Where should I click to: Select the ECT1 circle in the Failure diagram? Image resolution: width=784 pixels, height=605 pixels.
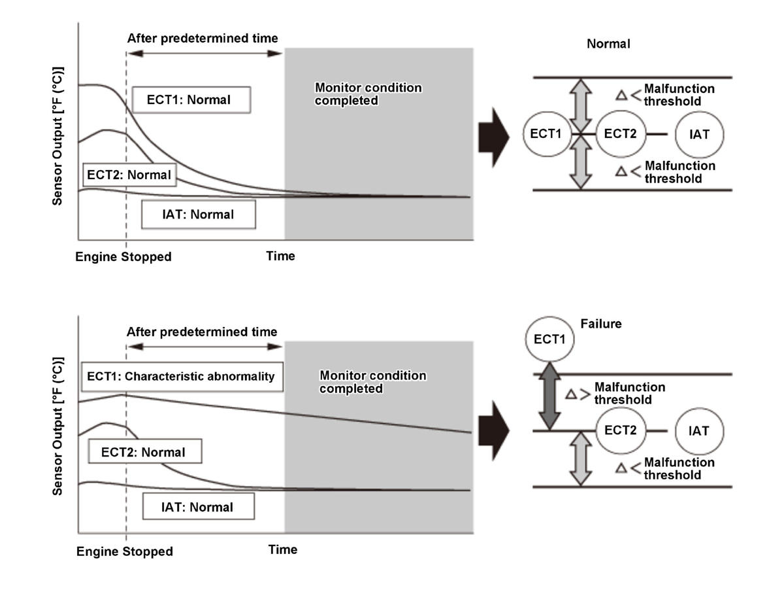549,340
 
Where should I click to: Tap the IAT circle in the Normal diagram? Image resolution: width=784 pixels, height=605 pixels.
699,134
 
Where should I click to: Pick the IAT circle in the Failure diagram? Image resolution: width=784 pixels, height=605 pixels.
699,431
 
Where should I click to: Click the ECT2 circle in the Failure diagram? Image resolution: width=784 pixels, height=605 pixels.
621,431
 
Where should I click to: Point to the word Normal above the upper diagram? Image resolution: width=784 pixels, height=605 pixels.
608,44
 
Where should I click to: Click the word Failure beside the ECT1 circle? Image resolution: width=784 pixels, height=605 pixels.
601,324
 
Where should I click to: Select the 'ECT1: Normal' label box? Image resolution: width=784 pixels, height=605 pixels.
191,100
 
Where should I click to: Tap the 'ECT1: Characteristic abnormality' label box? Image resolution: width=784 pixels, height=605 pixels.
181,377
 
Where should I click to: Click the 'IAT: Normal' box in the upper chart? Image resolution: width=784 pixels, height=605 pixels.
198,215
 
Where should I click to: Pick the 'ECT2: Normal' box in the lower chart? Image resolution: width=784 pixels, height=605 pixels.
143,452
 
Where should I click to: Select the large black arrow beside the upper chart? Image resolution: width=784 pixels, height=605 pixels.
493,138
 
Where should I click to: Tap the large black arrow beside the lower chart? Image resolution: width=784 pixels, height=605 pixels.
493,432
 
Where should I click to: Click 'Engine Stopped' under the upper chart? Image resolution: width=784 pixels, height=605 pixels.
123,257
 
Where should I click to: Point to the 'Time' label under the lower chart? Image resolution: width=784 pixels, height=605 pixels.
283,549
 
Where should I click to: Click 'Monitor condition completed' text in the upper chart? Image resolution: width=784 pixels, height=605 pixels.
368,94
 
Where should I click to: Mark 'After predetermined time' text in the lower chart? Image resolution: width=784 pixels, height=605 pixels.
202,332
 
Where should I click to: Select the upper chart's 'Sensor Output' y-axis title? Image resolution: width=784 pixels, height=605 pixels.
58,135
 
